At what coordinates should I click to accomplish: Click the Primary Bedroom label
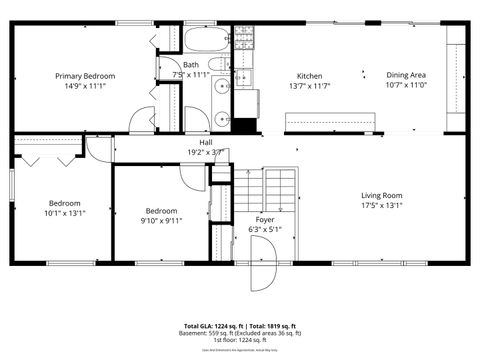coord(85,76)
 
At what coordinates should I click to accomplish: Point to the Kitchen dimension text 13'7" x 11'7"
coord(309,86)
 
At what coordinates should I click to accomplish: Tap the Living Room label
coord(381,195)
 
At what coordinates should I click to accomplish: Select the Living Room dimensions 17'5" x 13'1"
coord(381,206)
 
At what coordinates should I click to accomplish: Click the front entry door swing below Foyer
coord(262,277)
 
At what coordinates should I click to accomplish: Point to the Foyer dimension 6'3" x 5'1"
coord(265,229)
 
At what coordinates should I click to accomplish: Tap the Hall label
coord(205,143)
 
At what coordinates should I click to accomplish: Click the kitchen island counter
coord(330,121)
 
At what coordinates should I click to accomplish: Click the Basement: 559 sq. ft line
coord(240,333)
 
